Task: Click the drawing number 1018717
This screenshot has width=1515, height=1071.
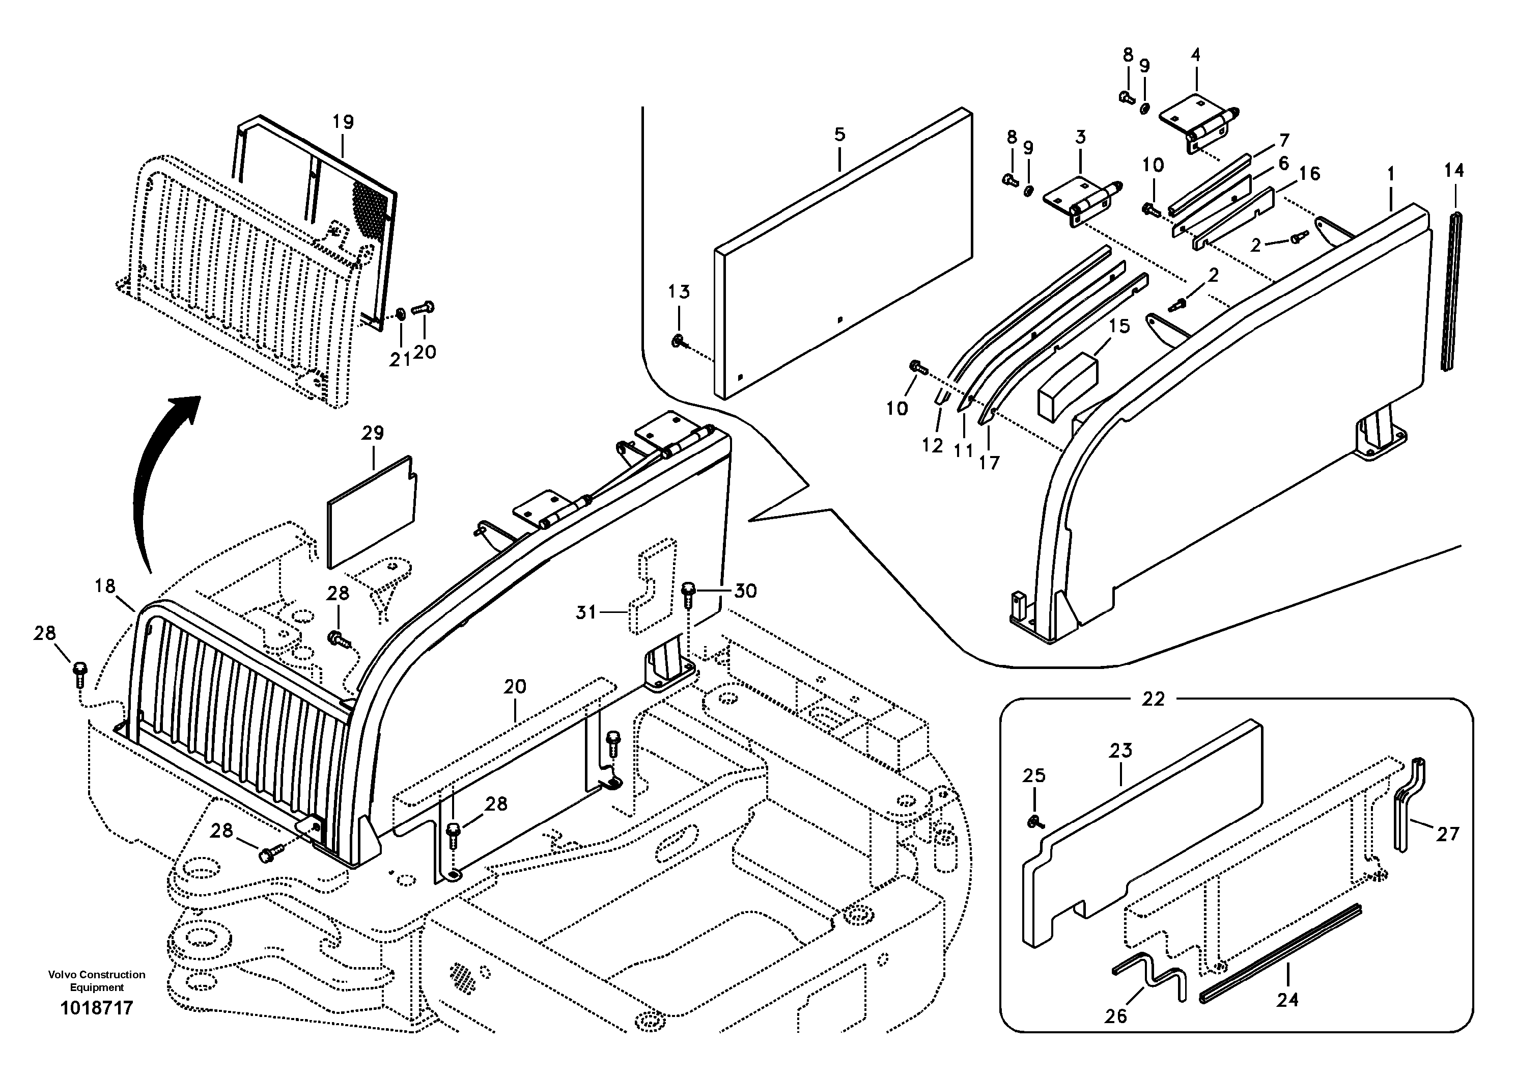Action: (x=96, y=1008)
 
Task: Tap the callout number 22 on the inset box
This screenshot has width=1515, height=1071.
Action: (x=1153, y=699)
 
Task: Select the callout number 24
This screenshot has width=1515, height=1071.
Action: (x=1287, y=1000)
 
